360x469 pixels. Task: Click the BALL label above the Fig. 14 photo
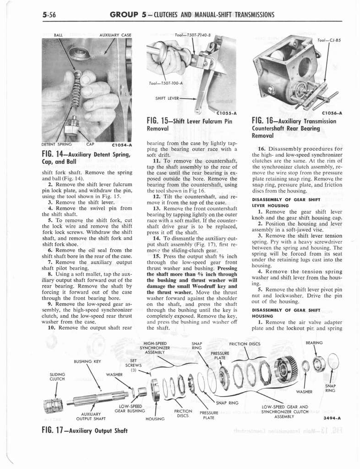pyautogui.click(x=59, y=35)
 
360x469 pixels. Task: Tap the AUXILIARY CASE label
pyautogui.click(x=115, y=35)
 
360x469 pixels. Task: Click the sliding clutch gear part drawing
pyautogui.click(x=53, y=405)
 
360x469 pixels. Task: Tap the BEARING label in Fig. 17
pyautogui.click(x=314, y=342)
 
